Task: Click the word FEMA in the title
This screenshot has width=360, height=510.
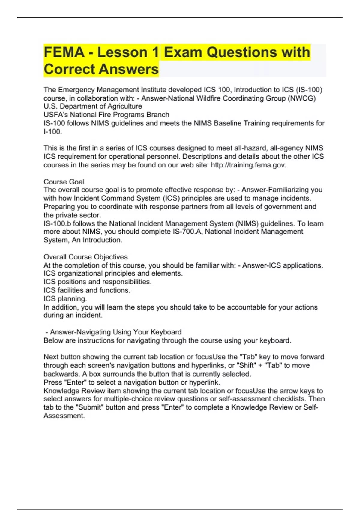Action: point(64,52)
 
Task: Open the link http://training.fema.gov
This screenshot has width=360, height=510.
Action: point(249,165)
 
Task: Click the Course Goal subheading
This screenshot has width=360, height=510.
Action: point(64,181)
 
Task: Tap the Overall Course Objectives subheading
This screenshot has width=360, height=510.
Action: point(85,257)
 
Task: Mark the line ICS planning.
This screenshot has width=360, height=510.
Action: point(65,299)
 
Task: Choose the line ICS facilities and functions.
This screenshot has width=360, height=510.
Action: point(87,290)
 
